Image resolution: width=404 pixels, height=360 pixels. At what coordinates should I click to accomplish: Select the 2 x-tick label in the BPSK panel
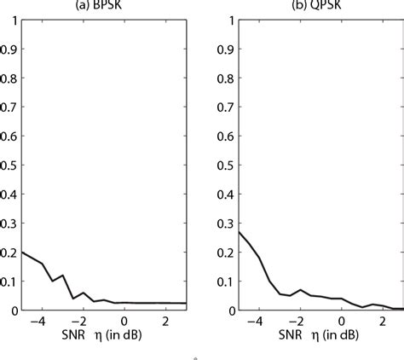click(166, 322)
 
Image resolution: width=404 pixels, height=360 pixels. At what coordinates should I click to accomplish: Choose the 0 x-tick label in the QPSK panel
click(341, 322)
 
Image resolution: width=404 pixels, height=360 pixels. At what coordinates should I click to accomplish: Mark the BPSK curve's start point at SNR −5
click(20, 252)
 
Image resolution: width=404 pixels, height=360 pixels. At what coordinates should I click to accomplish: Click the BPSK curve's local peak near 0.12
click(62, 276)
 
